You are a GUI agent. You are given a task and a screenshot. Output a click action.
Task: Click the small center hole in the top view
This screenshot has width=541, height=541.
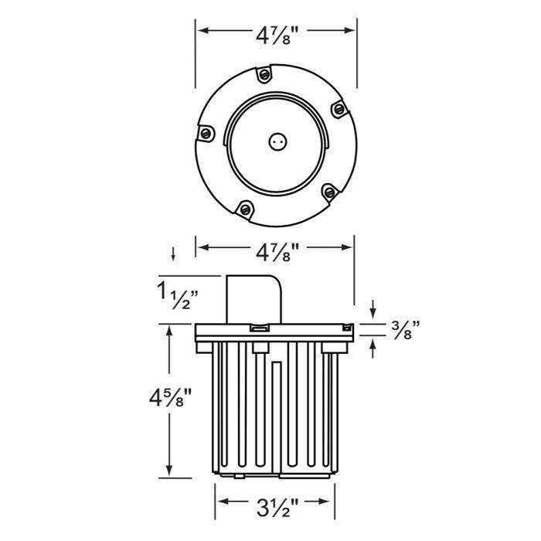[276, 141]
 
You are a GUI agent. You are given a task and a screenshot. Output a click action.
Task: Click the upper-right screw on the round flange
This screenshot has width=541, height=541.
[338, 111]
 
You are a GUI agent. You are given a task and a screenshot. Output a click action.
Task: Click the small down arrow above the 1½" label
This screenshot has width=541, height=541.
[174, 253]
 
